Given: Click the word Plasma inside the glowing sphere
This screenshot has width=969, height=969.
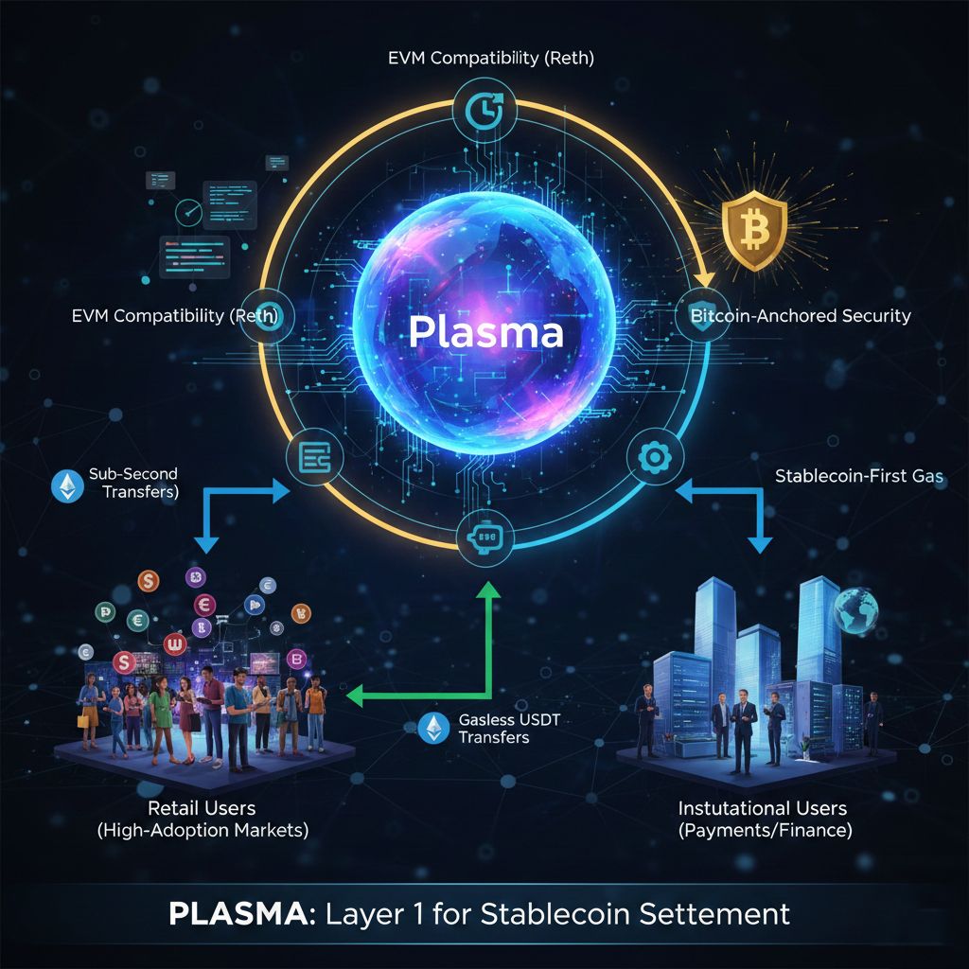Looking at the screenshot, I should click(485, 331).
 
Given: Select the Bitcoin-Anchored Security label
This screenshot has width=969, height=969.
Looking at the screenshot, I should click(795, 315).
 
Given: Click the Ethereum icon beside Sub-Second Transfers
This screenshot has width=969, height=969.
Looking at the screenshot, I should click(66, 486).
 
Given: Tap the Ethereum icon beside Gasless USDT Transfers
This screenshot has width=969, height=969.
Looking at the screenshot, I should click(432, 727).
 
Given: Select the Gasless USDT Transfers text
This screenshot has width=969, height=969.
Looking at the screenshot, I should click(493, 728).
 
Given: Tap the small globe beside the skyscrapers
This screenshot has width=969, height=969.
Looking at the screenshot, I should click(855, 610).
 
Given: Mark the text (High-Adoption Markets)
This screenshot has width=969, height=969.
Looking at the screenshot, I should click(203, 831).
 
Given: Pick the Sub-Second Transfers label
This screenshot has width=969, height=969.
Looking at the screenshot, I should click(132, 483).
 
